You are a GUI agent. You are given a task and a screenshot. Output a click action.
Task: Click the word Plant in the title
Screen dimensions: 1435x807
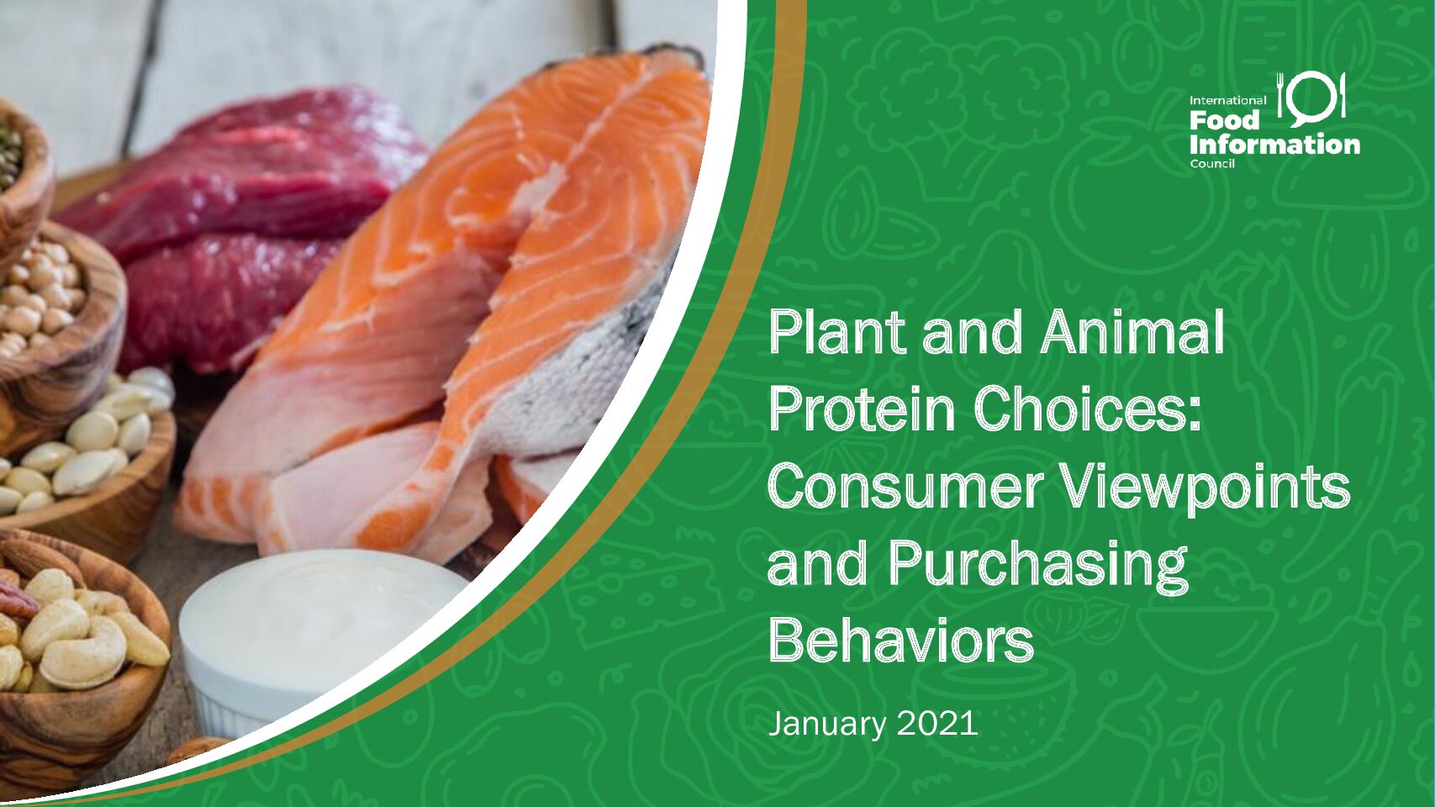[x=839, y=332]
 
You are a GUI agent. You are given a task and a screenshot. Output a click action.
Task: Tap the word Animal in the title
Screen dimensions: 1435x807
[x=1132, y=332]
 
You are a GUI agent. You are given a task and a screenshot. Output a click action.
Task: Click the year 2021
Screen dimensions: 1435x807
[x=937, y=723]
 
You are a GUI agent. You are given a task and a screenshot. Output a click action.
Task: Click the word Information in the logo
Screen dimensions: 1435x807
[x=1274, y=145]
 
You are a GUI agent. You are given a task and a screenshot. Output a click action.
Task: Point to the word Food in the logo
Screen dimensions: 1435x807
[x=1225, y=119]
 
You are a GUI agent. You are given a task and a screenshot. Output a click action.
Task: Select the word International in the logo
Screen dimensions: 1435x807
[x=1228, y=101]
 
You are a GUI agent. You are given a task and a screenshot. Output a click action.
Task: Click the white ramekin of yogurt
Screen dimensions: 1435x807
[x=320, y=641]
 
